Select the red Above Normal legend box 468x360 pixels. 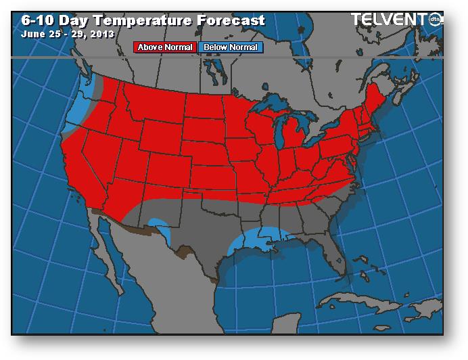coord(166,47)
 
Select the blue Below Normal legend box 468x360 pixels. coord(231,47)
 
